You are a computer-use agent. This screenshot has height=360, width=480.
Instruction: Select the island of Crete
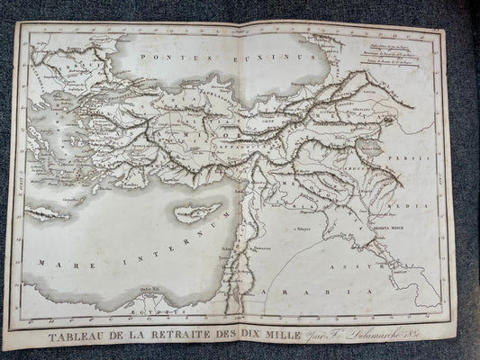point(48,213)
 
